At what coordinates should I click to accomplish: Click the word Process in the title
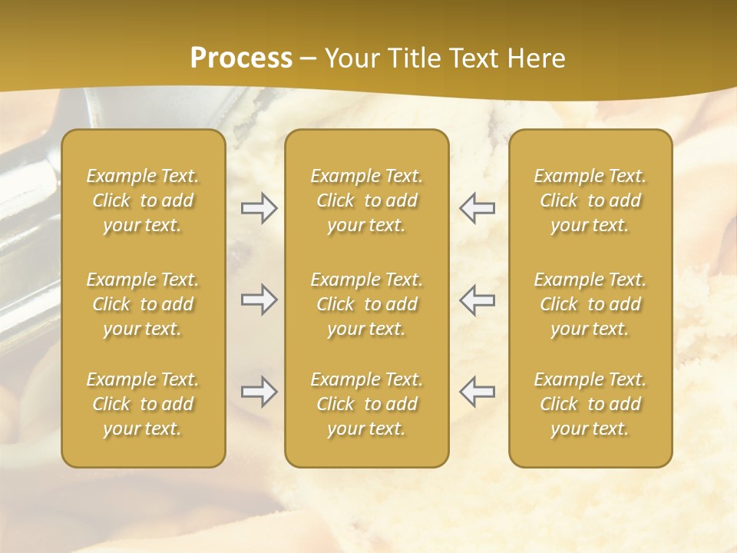click(x=241, y=58)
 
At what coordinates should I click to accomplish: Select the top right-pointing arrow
click(x=259, y=208)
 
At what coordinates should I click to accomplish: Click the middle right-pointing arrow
click(x=259, y=300)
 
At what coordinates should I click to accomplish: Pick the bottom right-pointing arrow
click(x=259, y=392)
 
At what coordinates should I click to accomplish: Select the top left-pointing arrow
click(x=477, y=208)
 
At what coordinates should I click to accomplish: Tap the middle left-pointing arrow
click(x=477, y=300)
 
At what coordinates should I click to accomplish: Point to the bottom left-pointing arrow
click(x=477, y=392)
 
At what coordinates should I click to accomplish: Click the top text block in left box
click(x=143, y=200)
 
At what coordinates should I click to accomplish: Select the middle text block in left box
click(x=143, y=304)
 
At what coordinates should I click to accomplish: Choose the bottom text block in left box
click(x=143, y=404)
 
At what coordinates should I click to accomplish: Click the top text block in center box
click(x=366, y=200)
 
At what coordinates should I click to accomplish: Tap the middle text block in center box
click(x=366, y=304)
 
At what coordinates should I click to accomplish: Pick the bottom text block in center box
click(x=366, y=404)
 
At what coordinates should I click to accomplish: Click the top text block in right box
click(x=590, y=200)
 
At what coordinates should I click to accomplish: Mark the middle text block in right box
click(x=590, y=304)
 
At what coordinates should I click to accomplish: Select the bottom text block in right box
click(x=590, y=404)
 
